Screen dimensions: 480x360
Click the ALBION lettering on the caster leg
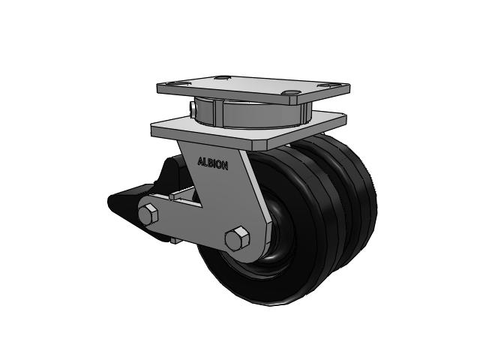(213, 163)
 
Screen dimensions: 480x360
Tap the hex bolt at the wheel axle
(237, 238)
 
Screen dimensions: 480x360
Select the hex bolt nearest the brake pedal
(148, 214)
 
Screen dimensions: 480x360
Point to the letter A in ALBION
(200, 161)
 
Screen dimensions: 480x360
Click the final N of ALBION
(225, 166)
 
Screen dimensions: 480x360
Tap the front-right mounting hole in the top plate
(292, 93)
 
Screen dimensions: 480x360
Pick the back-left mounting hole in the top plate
(222, 77)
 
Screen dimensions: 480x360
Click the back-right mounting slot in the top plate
(327, 85)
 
